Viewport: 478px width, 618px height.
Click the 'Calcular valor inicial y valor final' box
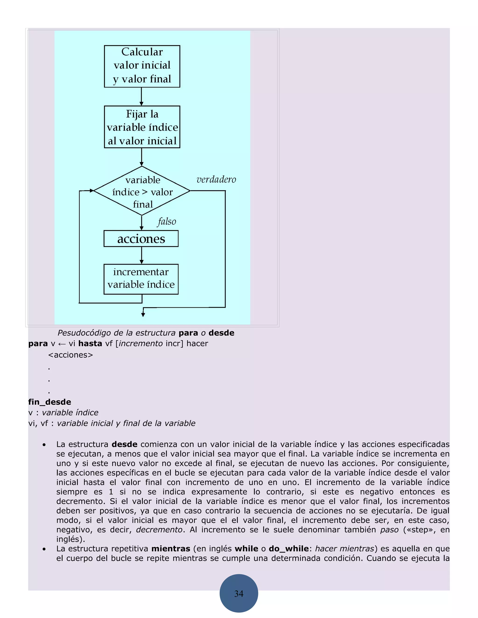(x=142, y=66)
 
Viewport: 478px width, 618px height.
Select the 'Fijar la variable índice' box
(x=142, y=127)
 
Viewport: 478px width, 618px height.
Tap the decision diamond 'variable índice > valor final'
(x=142, y=191)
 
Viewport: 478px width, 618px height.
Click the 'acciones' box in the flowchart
(x=141, y=239)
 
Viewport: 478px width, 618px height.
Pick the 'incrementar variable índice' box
(x=141, y=279)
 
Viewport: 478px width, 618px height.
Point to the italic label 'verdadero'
(x=216, y=179)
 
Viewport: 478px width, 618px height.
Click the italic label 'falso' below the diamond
(x=167, y=221)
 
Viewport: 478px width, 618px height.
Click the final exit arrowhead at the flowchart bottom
(x=143, y=315)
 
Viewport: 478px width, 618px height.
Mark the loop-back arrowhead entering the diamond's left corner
(x=91, y=191)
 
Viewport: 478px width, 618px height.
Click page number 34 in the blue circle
(x=239, y=593)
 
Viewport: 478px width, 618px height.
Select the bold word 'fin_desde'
(x=49, y=402)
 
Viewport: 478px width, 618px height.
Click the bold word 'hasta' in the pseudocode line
(x=90, y=344)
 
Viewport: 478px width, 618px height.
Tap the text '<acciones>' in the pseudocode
(x=70, y=355)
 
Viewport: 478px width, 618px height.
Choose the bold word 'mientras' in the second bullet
(x=171, y=549)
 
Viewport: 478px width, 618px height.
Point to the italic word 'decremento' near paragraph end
(x=159, y=529)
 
